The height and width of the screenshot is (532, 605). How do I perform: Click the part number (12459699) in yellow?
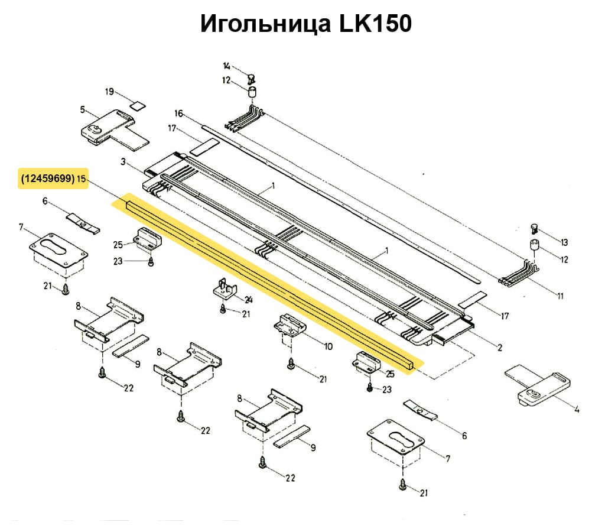[48, 177]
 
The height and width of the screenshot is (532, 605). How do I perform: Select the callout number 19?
[109, 92]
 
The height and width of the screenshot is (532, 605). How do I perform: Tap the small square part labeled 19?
[137, 106]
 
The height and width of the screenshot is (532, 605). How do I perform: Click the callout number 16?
[179, 113]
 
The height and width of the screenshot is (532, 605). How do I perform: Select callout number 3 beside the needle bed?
[123, 161]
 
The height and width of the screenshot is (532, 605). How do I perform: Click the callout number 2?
[500, 348]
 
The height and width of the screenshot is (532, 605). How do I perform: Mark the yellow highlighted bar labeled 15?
[266, 282]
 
